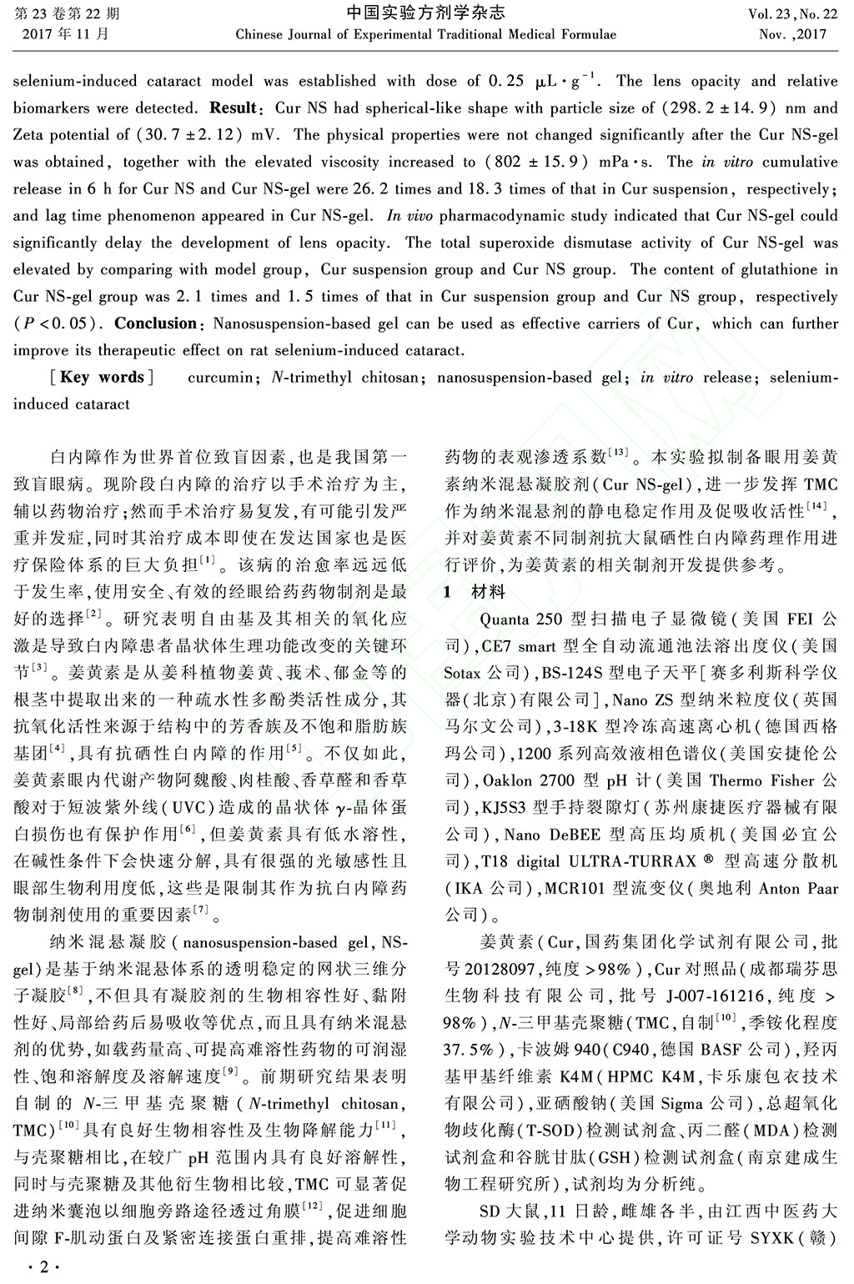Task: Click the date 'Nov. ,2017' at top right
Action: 792,35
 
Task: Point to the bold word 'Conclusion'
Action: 156,323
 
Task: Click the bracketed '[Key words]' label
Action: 102,377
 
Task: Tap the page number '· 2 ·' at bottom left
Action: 38,1268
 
